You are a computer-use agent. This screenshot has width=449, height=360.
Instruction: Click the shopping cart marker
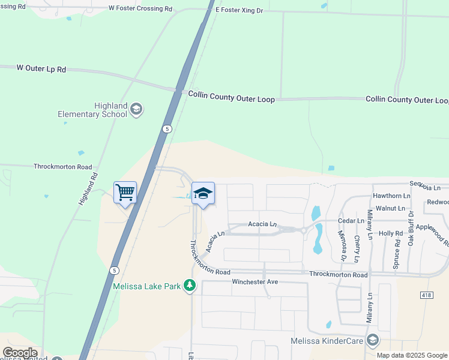coord(125,193)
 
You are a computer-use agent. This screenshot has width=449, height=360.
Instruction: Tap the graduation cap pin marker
coord(203,194)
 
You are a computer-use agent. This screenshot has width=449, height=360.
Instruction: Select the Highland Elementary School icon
coord(136,109)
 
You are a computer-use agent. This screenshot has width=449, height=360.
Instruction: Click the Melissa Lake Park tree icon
coord(190,285)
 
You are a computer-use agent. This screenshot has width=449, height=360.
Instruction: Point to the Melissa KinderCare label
coord(327,341)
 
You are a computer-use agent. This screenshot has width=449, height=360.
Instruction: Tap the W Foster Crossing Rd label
coord(140,8)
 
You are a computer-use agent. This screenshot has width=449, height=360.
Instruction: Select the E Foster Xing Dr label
coord(238,10)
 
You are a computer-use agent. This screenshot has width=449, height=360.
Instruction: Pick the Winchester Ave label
coord(255,281)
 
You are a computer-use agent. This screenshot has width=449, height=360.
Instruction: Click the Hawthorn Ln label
coord(391,196)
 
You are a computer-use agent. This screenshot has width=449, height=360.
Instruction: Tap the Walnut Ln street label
coord(390,208)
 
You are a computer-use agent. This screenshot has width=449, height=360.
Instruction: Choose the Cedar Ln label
coord(352,220)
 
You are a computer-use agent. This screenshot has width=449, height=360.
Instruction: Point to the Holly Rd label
coord(390,233)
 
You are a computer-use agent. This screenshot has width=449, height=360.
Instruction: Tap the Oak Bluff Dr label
coord(411,229)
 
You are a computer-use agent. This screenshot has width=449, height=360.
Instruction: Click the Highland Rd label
coord(88,190)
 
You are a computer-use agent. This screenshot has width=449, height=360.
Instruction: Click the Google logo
coord(20,353)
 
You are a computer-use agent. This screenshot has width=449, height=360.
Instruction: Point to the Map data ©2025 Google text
coord(411,355)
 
